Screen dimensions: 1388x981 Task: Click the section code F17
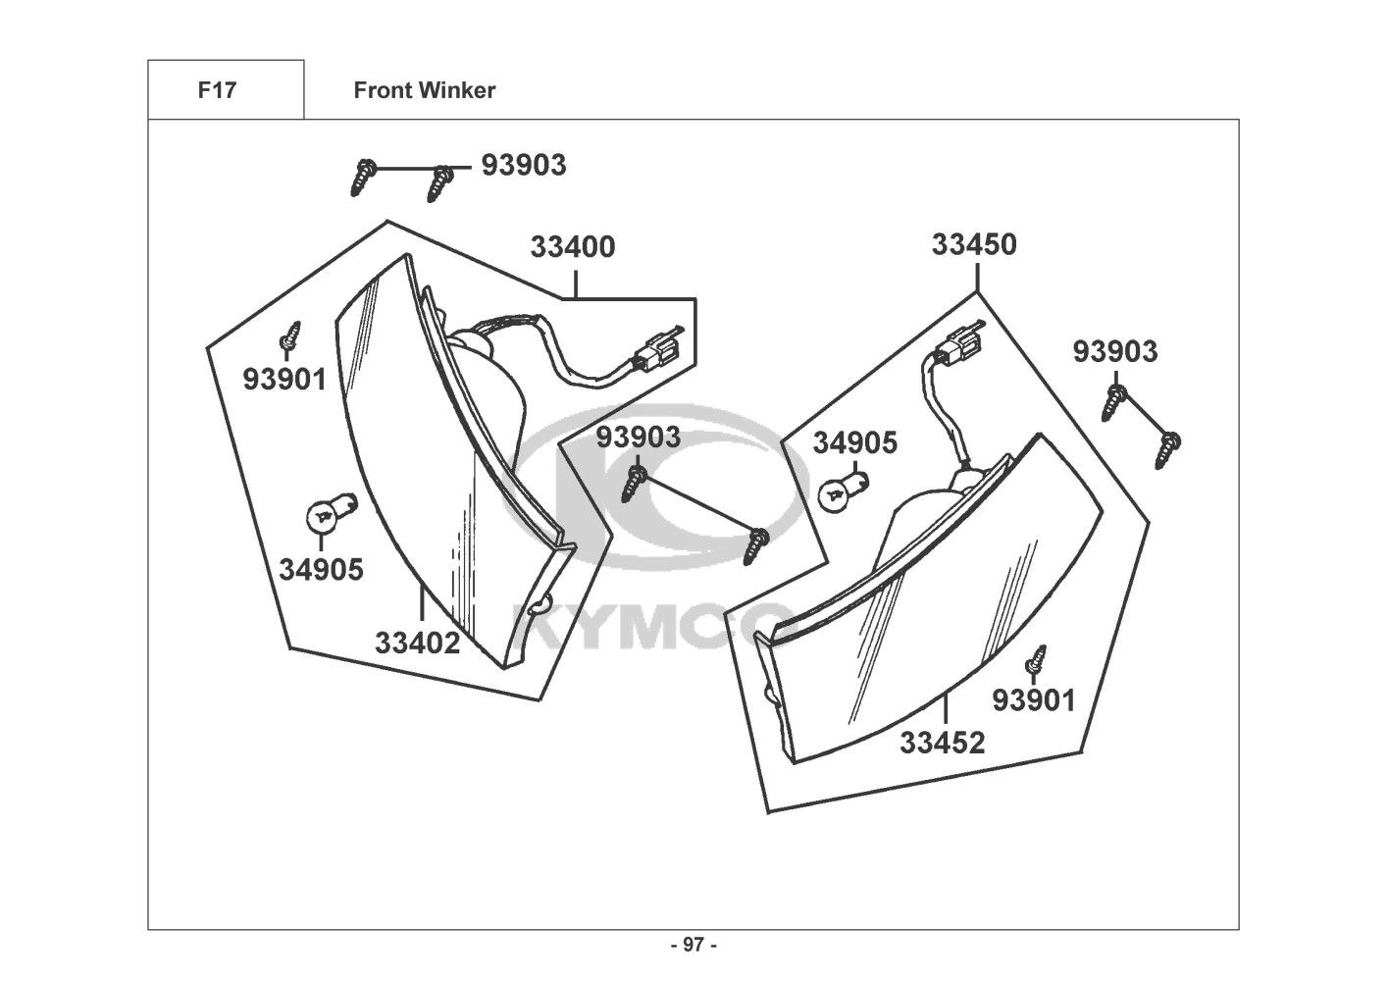(217, 90)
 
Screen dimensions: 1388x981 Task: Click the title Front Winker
(425, 90)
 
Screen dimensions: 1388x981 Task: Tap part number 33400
(573, 246)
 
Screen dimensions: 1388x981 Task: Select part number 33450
(974, 244)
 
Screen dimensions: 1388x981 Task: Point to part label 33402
(418, 643)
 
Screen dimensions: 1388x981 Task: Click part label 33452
(942, 743)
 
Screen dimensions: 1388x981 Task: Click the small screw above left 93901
(289, 336)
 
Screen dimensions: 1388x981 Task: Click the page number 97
(694, 945)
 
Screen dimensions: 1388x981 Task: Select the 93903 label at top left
(524, 166)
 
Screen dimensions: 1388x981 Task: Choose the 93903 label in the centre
(639, 437)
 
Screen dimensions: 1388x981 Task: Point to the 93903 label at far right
(1114, 351)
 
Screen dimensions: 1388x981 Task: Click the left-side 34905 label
(321, 570)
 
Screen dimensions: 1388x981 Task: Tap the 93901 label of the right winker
(1034, 700)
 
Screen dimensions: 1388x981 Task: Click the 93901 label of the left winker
(284, 380)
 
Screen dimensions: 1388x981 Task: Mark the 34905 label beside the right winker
(854, 442)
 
